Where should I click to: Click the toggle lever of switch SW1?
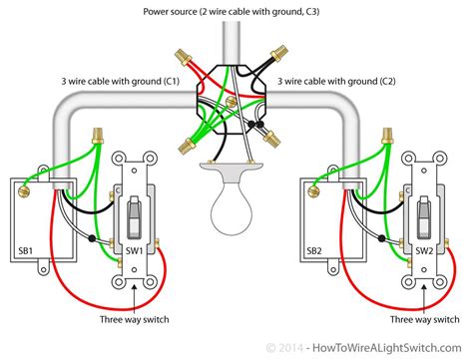(x=135, y=210)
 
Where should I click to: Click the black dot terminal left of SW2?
(x=381, y=239)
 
